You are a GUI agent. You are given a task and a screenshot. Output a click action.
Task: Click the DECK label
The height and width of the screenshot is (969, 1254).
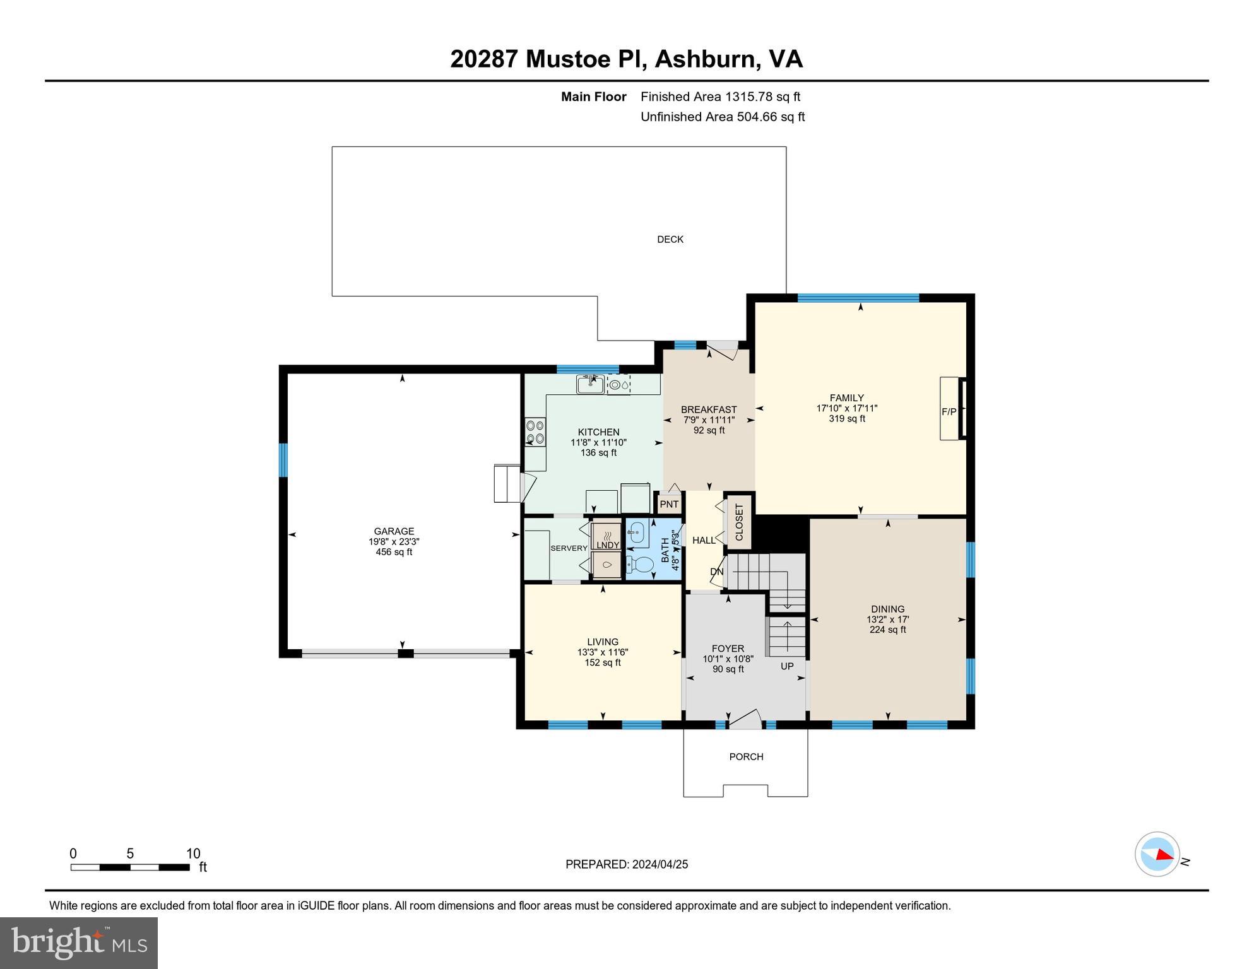coord(670,239)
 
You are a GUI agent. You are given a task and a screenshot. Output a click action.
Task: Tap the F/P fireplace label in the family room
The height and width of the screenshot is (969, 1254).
coord(949,412)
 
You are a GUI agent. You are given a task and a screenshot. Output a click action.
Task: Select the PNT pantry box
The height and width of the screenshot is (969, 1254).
coord(668,504)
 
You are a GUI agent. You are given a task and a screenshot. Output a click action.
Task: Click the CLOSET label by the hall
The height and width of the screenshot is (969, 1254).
coord(739,522)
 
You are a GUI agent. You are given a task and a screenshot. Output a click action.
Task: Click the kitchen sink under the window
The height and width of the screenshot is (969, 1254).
coord(590,384)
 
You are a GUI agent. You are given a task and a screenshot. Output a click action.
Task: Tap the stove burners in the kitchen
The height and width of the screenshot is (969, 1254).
coord(535,432)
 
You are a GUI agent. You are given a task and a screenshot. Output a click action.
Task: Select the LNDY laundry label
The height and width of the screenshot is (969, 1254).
coord(607,545)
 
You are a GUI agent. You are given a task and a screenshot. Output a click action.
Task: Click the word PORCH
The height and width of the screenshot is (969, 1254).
coord(746,756)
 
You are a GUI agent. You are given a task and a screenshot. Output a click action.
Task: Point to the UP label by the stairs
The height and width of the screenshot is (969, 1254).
coord(787,666)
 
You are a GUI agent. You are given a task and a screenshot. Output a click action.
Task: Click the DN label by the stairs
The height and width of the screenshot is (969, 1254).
coord(716,572)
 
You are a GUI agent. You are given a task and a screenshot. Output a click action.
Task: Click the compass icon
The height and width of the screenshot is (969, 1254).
coord(1157,854)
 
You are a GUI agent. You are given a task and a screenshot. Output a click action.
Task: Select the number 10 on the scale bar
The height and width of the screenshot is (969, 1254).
coord(193,854)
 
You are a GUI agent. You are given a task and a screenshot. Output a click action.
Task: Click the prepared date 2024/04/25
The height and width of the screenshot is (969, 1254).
coord(659,864)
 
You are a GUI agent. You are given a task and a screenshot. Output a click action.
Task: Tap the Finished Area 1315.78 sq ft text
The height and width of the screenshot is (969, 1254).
coord(720,97)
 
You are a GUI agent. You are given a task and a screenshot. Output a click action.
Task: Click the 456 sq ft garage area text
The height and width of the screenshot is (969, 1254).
coord(394,552)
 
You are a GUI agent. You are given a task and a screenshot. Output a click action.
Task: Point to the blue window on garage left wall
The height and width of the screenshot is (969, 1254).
coord(283,460)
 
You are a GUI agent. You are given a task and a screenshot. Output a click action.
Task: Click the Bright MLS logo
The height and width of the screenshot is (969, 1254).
coord(79,943)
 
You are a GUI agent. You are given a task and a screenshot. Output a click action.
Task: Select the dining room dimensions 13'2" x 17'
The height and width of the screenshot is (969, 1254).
coord(887,620)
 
